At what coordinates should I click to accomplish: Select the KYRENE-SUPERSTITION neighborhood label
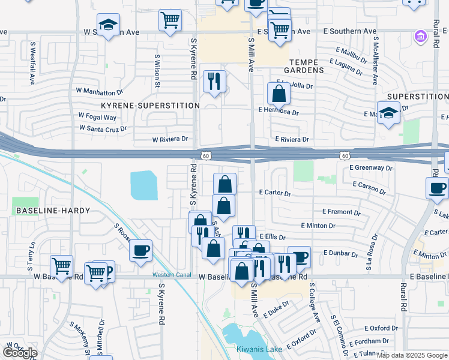coord(150,106)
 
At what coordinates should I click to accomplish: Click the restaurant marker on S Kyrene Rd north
coord(214,81)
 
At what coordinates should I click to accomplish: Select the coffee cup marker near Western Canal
coord(140,251)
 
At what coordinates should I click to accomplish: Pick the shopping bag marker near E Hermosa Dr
coord(279,94)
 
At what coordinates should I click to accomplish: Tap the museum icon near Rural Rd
coord(420,38)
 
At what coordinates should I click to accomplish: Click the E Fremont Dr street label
coord(341,212)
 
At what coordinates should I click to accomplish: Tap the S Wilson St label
coord(157,71)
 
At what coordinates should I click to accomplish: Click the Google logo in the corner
coord(20,352)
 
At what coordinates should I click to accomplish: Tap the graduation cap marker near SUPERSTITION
coord(388,113)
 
